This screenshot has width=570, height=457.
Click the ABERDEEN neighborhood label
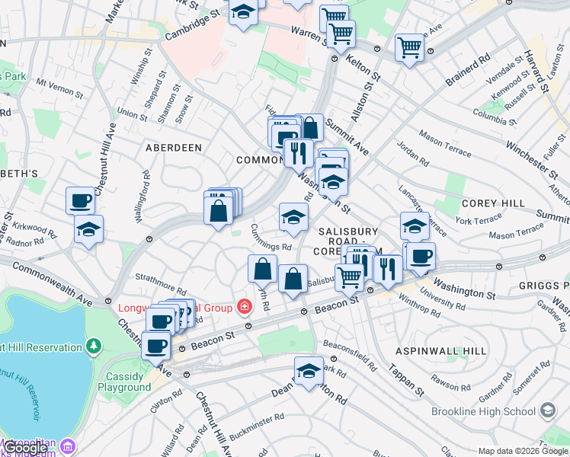pyautogui.click(x=174, y=147)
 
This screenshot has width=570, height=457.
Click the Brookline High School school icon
pyautogui.click(x=548, y=411)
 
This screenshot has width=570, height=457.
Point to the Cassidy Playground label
pyautogui.click(x=124, y=382)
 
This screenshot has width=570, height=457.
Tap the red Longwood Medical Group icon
pyautogui.click(x=245, y=308)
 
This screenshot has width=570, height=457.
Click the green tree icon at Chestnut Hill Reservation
pyautogui.click(x=94, y=347)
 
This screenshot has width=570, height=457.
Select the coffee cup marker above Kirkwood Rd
pyautogui.click(x=80, y=202)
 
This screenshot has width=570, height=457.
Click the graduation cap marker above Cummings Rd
pyautogui.click(x=293, y=218)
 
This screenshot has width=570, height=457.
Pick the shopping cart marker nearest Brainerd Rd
pyautogui.click(x=409, y=47)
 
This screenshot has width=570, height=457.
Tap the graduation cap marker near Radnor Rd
pyautogui.click(x=88, y=229)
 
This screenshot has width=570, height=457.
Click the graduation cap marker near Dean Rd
pyautogui.click(x=309, y=371)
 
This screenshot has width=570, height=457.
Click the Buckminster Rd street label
pyautogui.click(x=258, y=425)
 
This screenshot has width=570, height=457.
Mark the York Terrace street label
pyautogui.click(x=479, y=220)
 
